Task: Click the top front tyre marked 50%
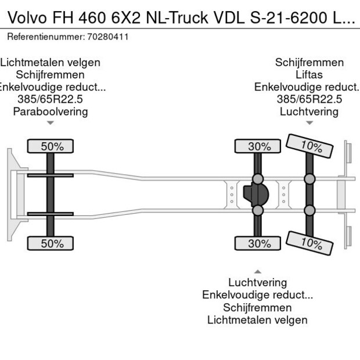[51, 146]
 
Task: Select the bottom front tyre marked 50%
[51, 244]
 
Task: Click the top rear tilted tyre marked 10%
[310, 146]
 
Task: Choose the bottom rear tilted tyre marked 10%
[310, 243]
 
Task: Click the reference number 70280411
[108, 37]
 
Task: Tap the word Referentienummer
[45, 37]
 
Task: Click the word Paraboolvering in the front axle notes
[51, 111]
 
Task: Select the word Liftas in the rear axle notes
[309, 75]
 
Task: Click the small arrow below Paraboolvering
[51, 123]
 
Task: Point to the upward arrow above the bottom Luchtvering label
[257, 272]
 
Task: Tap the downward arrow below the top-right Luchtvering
[309, 123]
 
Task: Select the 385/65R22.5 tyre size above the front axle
[51, 99]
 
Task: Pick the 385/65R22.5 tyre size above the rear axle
[309, 99]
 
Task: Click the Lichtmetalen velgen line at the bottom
[257, 320]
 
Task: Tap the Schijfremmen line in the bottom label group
[257, 308]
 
